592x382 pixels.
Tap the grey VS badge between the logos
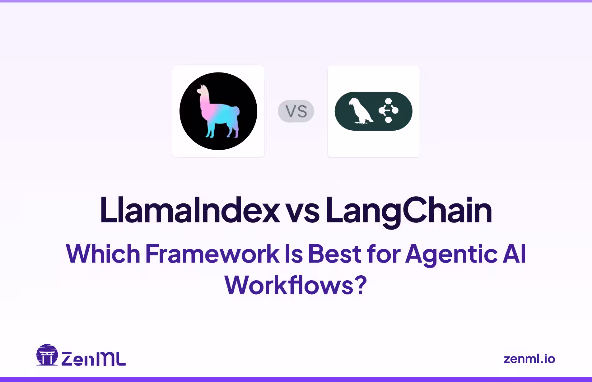pyautogui.click(x=296, y=111)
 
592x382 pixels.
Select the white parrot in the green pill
pyautogui.click(x=360, y=111)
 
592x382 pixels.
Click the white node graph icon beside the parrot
pyautogui.click(x=388, y=110)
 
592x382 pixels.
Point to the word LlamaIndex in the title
pyautogui.click(x=190, y=210)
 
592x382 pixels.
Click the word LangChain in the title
pyautogui.click(x=409, y=210)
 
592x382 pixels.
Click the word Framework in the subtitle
pyautogui.click(x=212, y=254)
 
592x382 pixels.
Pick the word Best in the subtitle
pyautogui.click(x=334, y=254)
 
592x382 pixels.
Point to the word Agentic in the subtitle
pyautogui.click(x=451, y=254)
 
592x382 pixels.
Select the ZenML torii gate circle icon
pyautogui.click(x=47, y=355)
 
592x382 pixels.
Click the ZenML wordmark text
pyautogui.click(x=93, y=359)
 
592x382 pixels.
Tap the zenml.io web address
pyautogui.click(x=529, y=359)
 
